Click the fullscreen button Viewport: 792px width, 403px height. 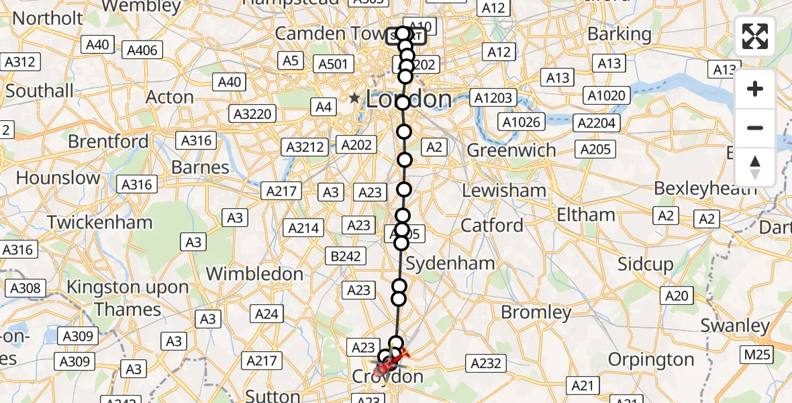tap(755, 36)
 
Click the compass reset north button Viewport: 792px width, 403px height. tap(755, 167)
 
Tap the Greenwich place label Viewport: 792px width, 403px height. tap(511, 150)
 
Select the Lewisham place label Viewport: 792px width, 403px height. tap(503, 191)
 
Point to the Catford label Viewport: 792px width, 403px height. tap(492, 225)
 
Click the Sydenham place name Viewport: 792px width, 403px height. tap(450, 263)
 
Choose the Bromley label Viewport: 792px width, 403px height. tap(536, 312)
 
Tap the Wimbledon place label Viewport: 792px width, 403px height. tap(254, 274)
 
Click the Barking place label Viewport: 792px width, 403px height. tap(619, 34)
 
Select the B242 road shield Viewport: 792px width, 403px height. tap(346, 256)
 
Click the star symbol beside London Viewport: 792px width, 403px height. tap(354, 99)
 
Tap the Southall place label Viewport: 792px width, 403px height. tap(40, 91)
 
